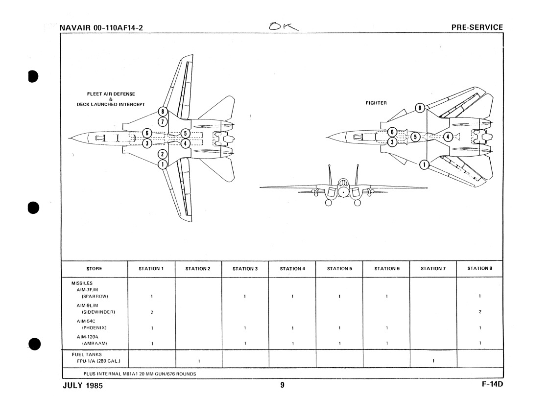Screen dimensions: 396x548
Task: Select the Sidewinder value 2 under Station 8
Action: click(x=480, y=311)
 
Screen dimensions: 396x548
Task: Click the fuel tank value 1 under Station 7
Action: click(x=432, y=361)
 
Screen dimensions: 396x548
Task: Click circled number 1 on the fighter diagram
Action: click(x=425, y=164)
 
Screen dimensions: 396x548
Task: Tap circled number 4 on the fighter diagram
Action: click(x=448, y=137)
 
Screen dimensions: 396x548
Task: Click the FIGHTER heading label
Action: click(x=376, y=103)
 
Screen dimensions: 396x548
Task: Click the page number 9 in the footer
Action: click(x=282, y=385)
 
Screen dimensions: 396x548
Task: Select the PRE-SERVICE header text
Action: click(x=477, y=27)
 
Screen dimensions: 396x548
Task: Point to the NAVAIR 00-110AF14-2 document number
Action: click(x=101, y=28)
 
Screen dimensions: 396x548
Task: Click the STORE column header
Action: click(x=94, y=268)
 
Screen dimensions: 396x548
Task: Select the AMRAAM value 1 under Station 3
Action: click(x=245, y=344)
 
